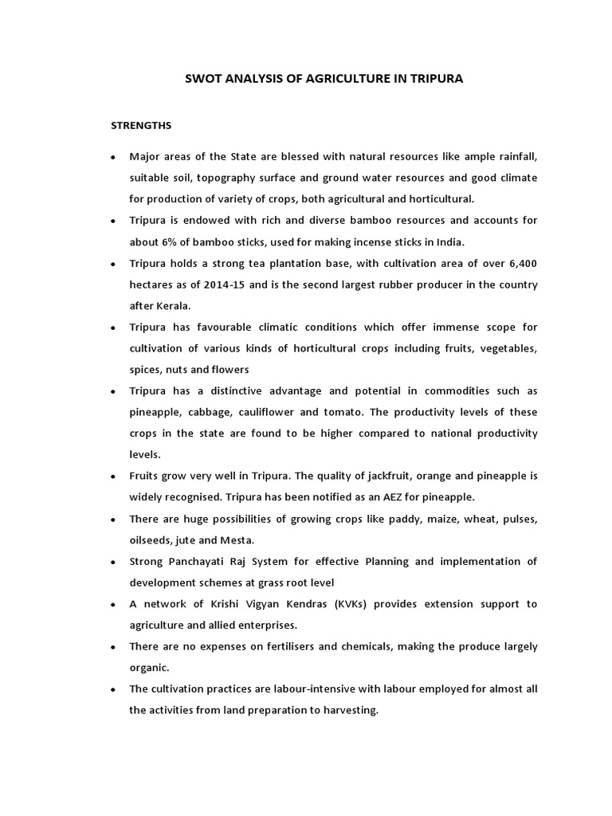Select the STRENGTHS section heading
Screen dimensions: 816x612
click(140, 126)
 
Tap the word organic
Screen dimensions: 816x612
click(149, 668)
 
